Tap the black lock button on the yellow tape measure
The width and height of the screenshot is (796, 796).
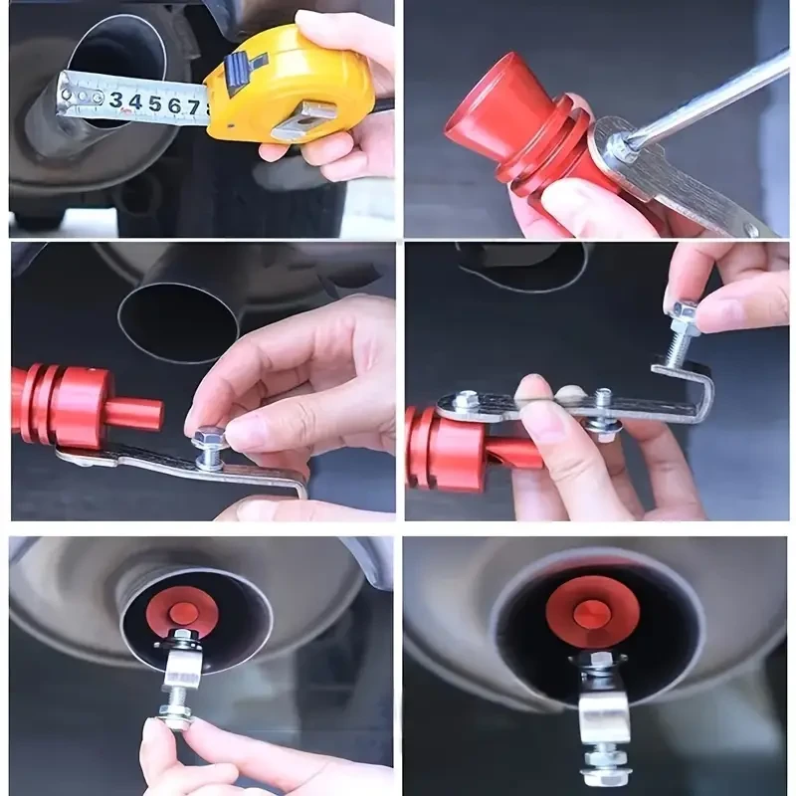tap(236, 69)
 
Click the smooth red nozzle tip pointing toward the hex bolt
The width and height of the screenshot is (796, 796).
tap(134, 413)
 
